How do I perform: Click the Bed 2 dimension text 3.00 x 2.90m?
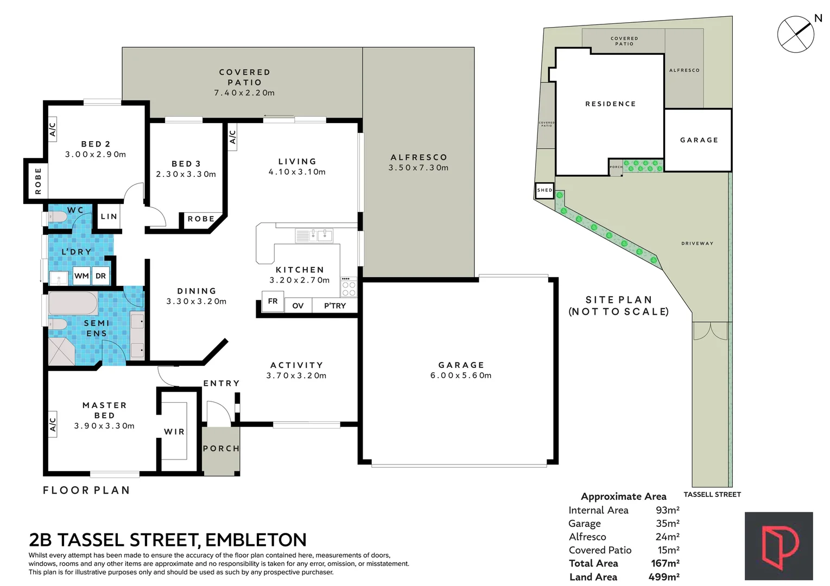click(x=96, y=155)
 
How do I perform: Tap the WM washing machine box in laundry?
click(x=81, y=276)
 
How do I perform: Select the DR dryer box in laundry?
click(x=101, y=276)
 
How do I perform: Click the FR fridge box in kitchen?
click(x=273, y=301)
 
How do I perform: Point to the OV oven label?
click(x=298, y=306)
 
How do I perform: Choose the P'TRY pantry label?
click(x=334, y=306)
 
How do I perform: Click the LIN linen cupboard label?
click(x=109, y=216)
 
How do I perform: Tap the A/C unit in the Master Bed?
click(x=53, y=424)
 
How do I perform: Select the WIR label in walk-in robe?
click(x=174, y=432)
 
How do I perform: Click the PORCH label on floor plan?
click(x=221, y=449)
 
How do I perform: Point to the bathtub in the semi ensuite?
click(x=73, y=303)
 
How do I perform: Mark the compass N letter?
click(x=818, y=18)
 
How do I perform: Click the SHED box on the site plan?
click(x=544, y=190)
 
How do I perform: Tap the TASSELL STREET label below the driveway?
click(x=712, y=494)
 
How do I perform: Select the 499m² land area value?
click(x=663, y=577)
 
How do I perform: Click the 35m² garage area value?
click(x=667, y=524)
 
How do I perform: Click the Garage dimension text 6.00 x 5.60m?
click(x=461, y=375)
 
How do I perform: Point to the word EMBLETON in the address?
click(x=256, y=540)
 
